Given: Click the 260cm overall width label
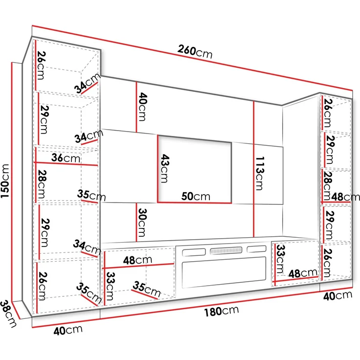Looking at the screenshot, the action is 195,52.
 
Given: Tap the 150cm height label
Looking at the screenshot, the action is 5,181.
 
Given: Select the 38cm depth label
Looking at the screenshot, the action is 8,314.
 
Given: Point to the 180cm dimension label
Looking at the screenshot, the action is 222,311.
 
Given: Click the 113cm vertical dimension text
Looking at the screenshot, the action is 260,173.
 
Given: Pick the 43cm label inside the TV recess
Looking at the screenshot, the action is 165,168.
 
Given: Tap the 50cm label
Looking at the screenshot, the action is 196,197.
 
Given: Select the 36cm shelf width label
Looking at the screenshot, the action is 66,157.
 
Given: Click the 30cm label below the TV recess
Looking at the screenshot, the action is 142,222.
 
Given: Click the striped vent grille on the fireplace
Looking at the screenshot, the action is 226,250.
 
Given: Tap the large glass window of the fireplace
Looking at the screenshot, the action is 224,272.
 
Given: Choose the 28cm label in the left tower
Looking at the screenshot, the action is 42,184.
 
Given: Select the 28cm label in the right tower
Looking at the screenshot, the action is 328,186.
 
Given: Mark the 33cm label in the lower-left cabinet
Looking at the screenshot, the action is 110,286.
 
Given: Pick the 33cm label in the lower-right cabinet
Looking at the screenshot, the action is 280,259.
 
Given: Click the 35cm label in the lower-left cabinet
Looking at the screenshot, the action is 147,289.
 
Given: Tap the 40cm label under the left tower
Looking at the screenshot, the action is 68,330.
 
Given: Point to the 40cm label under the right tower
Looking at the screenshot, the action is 337,296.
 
